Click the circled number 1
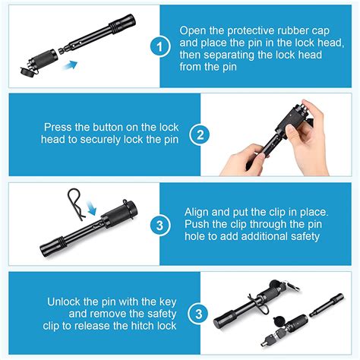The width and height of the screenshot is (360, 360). tap(159, 47)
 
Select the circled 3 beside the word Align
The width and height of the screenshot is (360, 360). tap(159, 225)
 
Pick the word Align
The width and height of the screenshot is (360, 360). tap(201, 213)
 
